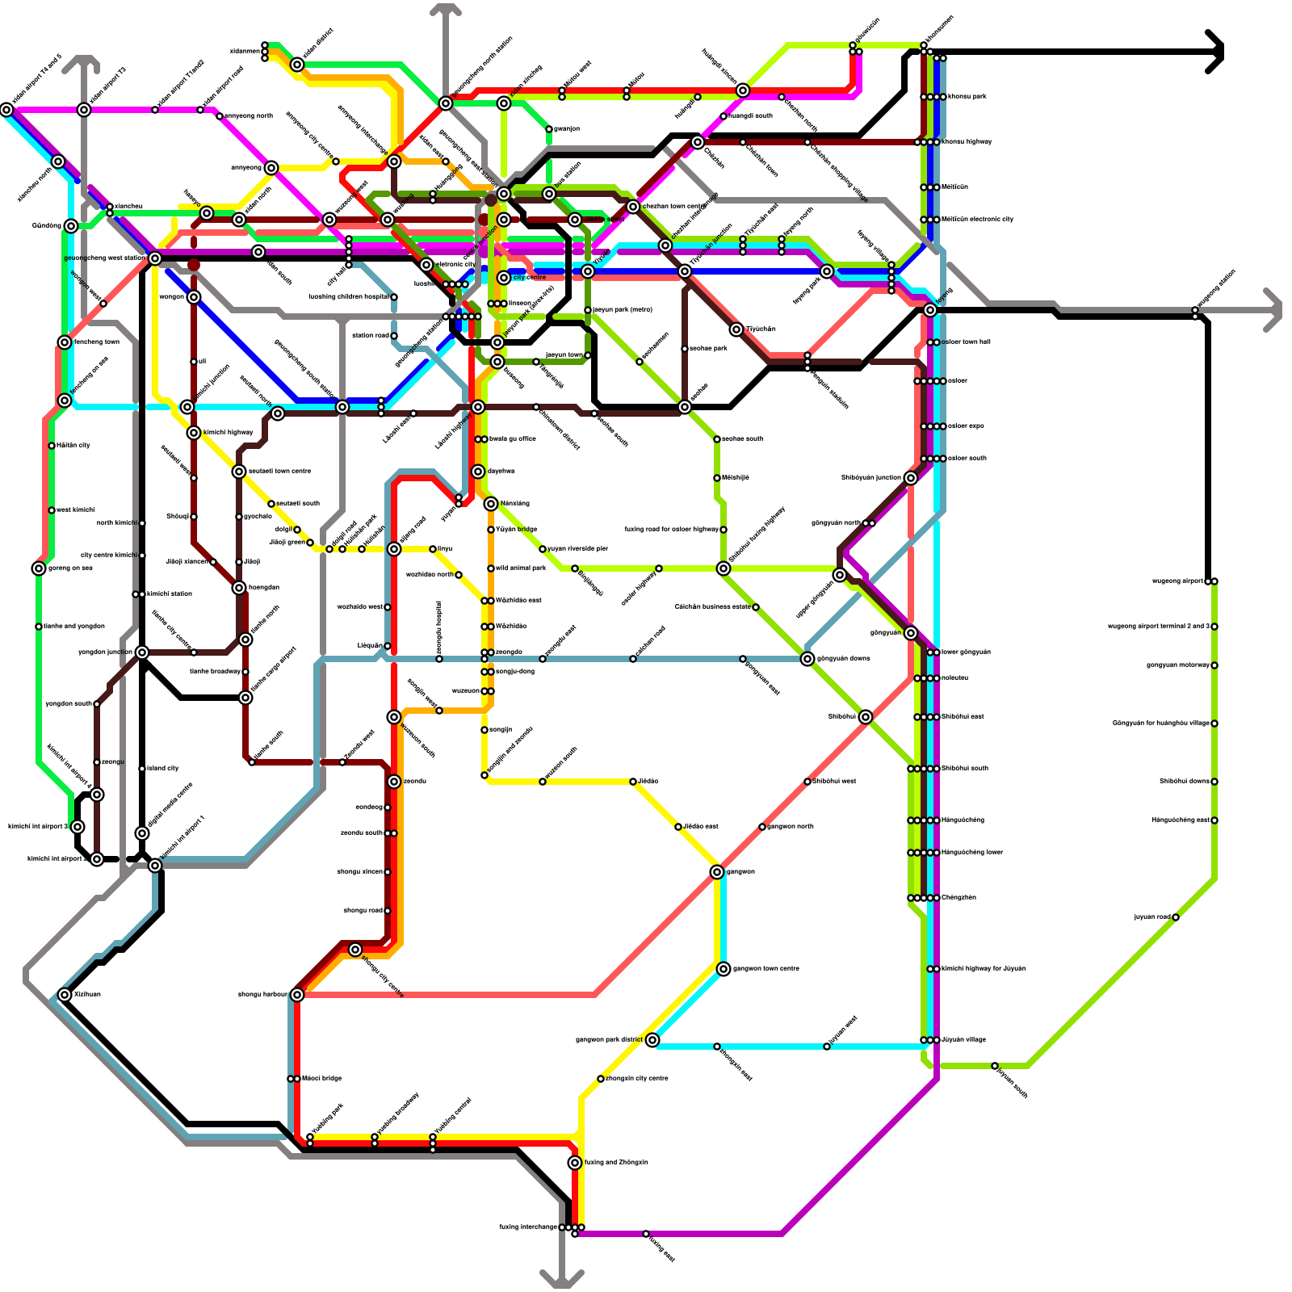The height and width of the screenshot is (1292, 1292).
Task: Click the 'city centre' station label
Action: tap(530, 277)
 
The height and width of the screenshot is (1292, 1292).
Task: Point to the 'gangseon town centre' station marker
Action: tap(724, 969)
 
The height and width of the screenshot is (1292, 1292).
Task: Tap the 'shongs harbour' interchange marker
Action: tap(297, 995)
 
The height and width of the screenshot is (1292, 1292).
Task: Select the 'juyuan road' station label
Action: tap(1151, 917)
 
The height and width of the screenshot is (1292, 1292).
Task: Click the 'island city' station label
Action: tap(163, 768)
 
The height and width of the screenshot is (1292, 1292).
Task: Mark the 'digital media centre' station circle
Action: tap(142, 833)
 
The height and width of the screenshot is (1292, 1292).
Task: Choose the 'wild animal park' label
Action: tap(521, 568)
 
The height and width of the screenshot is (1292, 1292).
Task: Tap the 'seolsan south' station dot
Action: tap(717, 439)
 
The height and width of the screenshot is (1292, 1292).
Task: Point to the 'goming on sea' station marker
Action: tap(39, 568)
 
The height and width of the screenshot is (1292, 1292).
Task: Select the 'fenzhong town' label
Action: tap(97, 342)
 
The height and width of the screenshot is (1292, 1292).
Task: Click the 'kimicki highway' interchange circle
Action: tap(194, 433)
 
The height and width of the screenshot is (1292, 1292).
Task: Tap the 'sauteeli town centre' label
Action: tap(279, 471)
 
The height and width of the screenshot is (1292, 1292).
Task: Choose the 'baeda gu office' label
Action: tap(513, 438)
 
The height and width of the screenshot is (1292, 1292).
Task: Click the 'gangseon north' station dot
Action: tap(762, 827)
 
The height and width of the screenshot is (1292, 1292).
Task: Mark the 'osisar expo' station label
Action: tap(966, 426)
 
